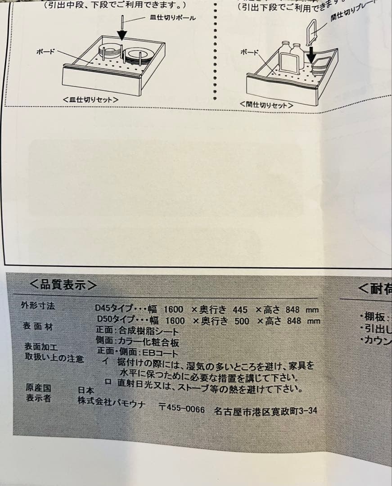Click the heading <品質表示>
point(63,284)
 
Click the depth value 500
point(242,321)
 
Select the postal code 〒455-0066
point(182,409)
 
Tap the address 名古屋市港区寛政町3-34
point(266,411)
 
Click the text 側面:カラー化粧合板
point(138,342)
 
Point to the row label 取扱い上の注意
point(54,359)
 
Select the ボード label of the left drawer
point(45,51)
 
